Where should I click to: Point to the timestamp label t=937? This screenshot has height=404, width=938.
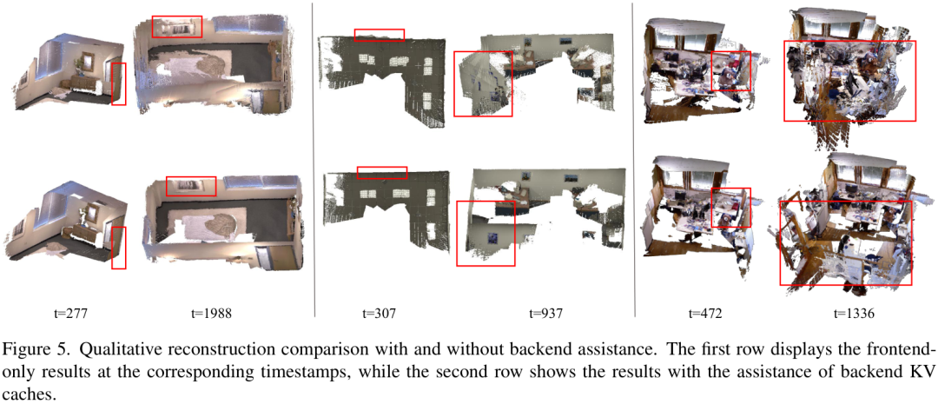point(545,313)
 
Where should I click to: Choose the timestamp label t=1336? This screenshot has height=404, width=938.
point(856,313)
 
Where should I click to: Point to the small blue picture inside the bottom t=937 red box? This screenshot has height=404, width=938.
point(494,237)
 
